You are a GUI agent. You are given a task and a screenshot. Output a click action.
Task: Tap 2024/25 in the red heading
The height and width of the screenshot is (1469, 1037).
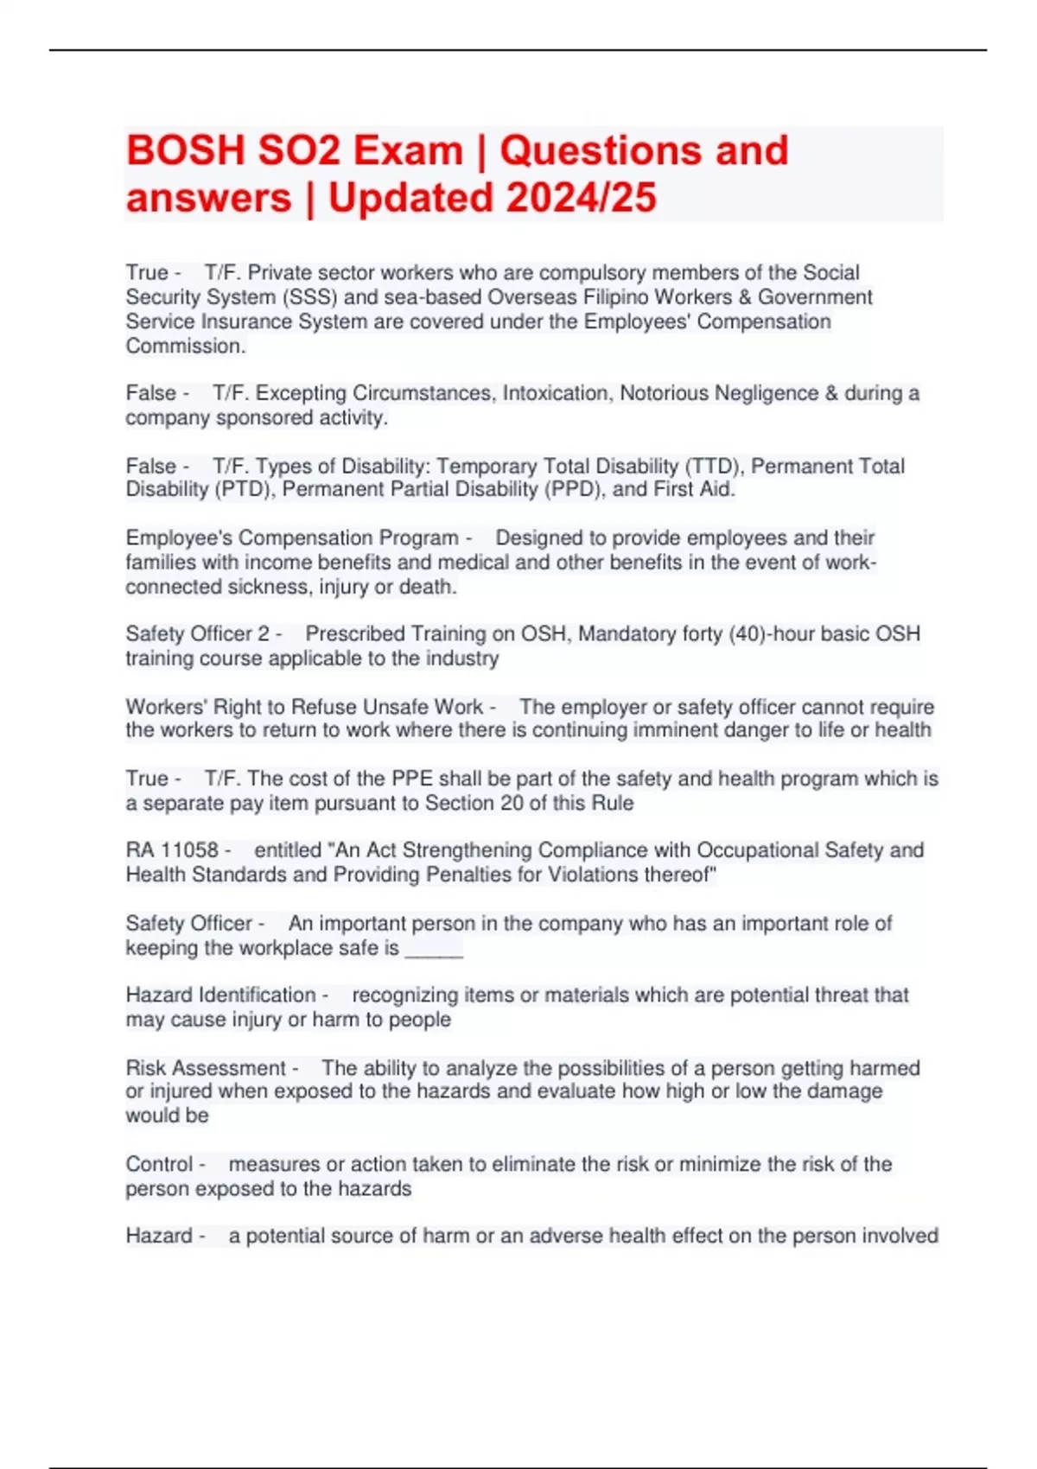(581, 198)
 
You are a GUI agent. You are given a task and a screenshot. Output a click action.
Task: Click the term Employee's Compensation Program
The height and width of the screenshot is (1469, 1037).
(291, 537)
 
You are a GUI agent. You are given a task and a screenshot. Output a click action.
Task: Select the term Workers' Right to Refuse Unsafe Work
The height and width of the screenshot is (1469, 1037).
(304, 707)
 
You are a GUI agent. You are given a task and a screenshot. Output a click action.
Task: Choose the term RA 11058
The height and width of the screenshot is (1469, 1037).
(171, 850)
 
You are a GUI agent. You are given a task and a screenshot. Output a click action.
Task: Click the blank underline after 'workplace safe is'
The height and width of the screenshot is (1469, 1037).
(434, 949)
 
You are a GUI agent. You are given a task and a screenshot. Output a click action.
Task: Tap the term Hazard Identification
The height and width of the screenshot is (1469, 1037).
(220, 995)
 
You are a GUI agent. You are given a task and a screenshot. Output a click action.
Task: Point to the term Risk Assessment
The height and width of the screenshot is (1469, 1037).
(206, 1068)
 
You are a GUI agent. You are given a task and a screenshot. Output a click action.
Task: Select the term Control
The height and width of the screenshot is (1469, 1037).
(159, 1164)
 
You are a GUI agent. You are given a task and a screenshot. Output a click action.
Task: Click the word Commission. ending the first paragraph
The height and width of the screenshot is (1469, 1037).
(185, 347)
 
